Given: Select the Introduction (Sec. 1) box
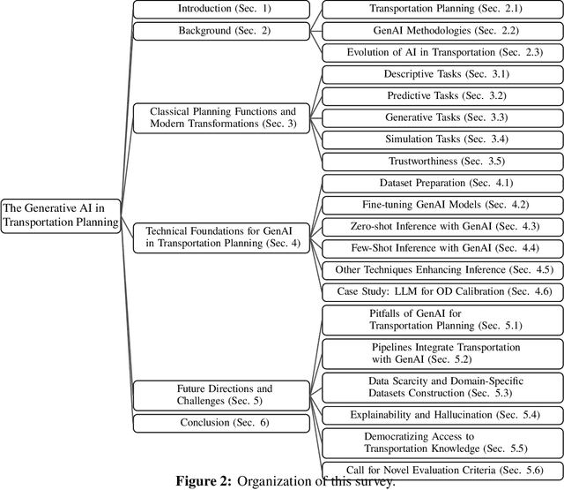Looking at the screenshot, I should coord(220,10).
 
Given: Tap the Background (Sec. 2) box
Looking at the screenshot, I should coord(220,31).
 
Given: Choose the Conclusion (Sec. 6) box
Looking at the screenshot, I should coord(220,422).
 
